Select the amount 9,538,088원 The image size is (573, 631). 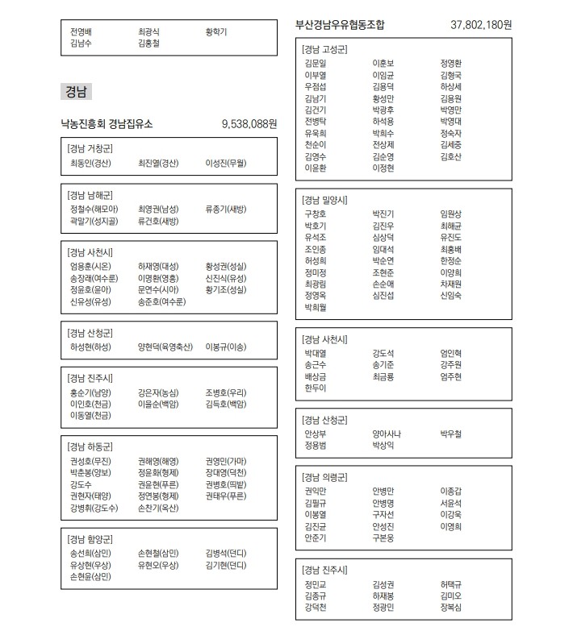[249, 124]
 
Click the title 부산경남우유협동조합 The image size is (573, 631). [341, 25]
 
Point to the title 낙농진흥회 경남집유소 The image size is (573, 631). [107, 124]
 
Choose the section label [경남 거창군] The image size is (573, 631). [90, 150]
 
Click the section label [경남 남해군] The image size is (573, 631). [90, 196]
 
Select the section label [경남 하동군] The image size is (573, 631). [90, 446]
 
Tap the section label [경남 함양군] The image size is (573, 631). [90, 539]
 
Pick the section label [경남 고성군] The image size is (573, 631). [324, 50]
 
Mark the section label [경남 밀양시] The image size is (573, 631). [324, 199]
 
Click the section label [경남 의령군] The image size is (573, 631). [324, 477]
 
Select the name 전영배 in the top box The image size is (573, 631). [82, 32]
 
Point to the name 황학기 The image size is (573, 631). [216, 32]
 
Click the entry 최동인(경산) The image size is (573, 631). [90, 163]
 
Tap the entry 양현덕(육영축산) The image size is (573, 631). [165, 347]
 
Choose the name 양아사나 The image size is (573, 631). [387, 434]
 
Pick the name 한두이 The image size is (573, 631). [315, 388]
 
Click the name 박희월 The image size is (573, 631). [315, 307]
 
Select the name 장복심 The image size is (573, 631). [451, 607]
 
